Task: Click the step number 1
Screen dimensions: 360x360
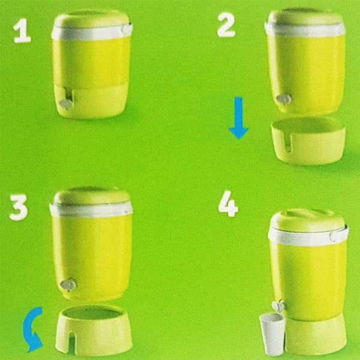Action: coord(22,31)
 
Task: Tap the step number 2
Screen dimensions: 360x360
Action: coord(226,25)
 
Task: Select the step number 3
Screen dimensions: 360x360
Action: coord(19,208)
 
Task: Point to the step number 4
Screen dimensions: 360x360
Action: coord(228,203)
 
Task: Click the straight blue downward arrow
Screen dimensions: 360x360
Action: coord(238,118)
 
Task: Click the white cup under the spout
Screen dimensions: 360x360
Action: coord(272,334)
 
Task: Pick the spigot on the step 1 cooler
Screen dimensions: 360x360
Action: coord(66,104)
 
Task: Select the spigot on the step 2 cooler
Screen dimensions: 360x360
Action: coord(284,100)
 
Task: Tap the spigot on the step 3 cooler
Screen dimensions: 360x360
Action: coord(68,284)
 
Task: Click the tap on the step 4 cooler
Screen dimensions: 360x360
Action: coord(278,306)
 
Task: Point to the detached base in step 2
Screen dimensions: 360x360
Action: coord(308,141)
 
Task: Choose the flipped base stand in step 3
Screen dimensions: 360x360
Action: coord(94,330)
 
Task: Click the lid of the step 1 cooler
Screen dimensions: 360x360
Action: coord(91,19)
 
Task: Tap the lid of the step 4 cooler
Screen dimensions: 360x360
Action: coord(307,220)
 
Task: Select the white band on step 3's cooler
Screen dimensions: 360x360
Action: coord(91,209)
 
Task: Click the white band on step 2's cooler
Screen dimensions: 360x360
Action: coord(305,29)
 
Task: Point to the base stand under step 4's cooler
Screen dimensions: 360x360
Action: coord(315,334)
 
